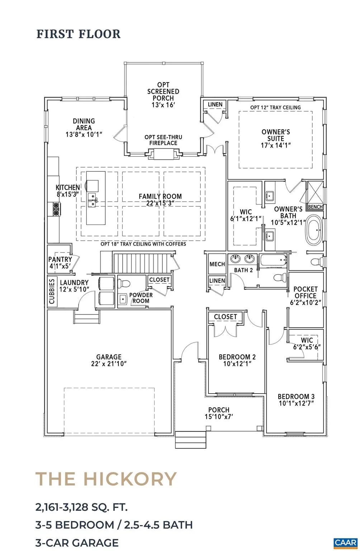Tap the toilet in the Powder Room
pyautogui.click(x=124, y=283)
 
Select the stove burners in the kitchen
pyautogui.click(x=56, y=208)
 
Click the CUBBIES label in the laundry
pyautogui.click(x=52, y=291)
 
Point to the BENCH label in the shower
pyautogui.click(x=315, y=207)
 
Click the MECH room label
pyautogui.click(x=217, y=264)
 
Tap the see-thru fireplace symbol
pyautogui.click(x=163, y=154)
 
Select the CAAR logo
pyautogui.click(x=346, y=543)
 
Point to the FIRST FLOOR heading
pyautogui.click(x=79, y=34)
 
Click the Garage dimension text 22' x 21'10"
pyautogui.click(x=109, y=363)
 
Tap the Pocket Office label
pyautogui.click(x=305, y=292)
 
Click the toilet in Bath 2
pyautogui.click(x=280, y=277)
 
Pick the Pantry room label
pyautogui.click(x=60, y=259)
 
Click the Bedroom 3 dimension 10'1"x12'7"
pyautogui.click(x=296, y=404)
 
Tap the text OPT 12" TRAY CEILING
pyautogui.click(x=275, y=108)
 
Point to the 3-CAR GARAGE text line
pyautogui.click(x=77, y=542)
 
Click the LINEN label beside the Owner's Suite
pyautogui.click(x=215, y=104)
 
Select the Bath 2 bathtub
pyautogui.click(x=273, y=260)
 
